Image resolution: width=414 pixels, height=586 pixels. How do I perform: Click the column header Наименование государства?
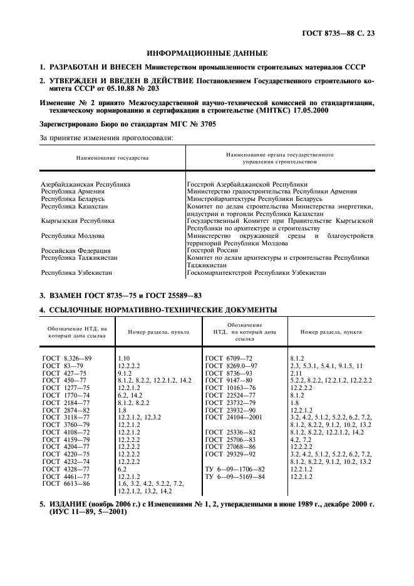click(112, 158)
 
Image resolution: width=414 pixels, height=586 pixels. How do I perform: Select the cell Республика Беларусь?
click(74, 198)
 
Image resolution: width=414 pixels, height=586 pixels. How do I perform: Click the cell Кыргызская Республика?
click(78, 220)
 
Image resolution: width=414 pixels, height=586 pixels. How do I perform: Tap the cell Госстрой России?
click(214, 249)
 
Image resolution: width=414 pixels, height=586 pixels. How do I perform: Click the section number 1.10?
click(123, 357)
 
